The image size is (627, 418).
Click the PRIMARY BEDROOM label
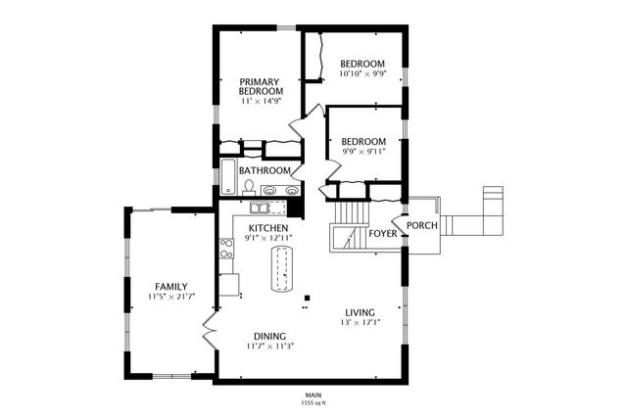pyautogui.click(x=261, y=86)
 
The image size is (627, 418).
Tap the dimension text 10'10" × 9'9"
pyautogui.click(x=362, y=73)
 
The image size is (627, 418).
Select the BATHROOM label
pyautogui.click(x=265, y=170)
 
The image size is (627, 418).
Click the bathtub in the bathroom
pyautogui.click(x=228, y=176)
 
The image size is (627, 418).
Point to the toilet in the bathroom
pyautogui.click(x=249, y=188)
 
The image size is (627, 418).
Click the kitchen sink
pyautogui.click(x=259, y=208)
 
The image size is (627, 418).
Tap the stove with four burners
pyautogui.click(x=226, y=249)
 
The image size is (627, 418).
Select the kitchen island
pyautogui.click(x=282, y=269)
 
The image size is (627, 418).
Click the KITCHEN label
pyautogui.click(x=268, y=228)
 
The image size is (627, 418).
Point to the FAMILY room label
pyautogui.click(x=171, y=287)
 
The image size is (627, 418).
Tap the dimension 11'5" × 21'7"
pyautogui.click(x=171, y=297)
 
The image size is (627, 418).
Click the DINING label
pyautogui.click(x=270, y=337)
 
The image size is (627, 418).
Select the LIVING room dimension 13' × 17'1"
pyautogui.click(x=360, y=322)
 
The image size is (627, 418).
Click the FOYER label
pyautogui.click(x=383, y=233)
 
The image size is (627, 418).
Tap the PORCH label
pyautogui.click(x=422, y=225)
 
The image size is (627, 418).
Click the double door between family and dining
pyautogui.click(x=210, y=330)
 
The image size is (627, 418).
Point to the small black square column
pyautogui.click(x=307, y=298)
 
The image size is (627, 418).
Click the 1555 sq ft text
pyautogui.click(x=313, y=402)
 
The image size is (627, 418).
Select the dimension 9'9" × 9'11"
pyautogui.click(x=363, y=152)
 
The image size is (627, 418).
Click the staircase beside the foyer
pyautogui.click(x=349, y=226)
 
